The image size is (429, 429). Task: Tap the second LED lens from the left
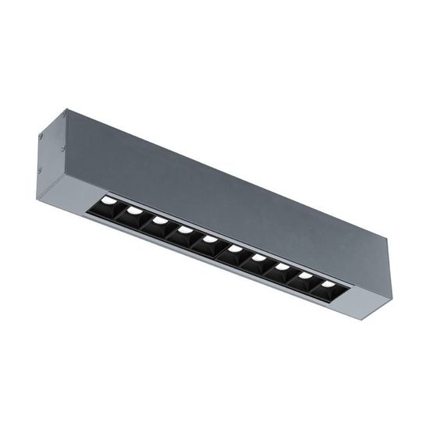point(135,212)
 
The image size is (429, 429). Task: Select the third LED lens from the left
point(160,221)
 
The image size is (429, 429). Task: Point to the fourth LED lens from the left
point(184,229)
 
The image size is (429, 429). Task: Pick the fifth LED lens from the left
point(209,239)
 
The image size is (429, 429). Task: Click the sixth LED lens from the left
point(234,249)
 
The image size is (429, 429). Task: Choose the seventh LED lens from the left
point(258,257)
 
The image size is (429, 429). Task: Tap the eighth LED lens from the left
point(282,266)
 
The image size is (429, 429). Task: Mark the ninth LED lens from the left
point(305,275)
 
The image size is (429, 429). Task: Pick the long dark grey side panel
point(226,187)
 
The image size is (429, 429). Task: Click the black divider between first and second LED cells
point(123,213)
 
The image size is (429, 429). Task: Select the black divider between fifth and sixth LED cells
point(222,249)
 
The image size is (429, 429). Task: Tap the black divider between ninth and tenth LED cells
point(317,284)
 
